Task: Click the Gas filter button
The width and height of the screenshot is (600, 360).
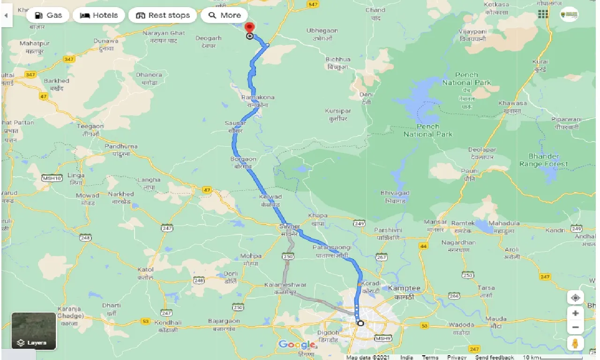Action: [48, 15]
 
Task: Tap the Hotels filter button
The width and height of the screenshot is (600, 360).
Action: [98, 15]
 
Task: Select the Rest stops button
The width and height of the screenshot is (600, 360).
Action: [163, 15]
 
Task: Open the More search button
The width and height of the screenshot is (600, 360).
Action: [224, 15]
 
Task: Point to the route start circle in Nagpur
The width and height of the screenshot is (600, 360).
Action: [360, 323]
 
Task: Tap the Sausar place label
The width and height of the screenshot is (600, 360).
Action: [235, 123]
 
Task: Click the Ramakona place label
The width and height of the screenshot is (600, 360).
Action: [257, 97]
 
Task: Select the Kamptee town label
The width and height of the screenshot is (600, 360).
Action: [404, 288]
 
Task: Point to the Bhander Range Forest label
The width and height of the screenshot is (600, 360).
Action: [544, 160]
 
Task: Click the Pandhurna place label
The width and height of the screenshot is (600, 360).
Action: [121, 146]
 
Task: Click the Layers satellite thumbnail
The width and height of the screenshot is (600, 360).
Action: [34, 331]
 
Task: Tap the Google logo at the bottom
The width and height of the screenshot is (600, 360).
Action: [297, 345]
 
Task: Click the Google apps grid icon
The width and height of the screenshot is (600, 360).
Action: [543, 15]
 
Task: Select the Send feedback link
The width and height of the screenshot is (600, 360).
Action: [494, 357]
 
